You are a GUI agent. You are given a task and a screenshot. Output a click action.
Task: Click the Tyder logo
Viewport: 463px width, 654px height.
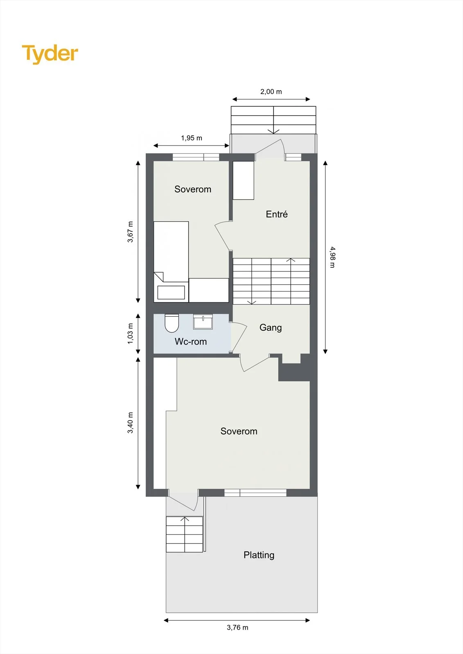click(x=50, y=54)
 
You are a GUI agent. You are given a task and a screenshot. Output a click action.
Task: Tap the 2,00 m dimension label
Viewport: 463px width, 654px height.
click(x=271, y=92)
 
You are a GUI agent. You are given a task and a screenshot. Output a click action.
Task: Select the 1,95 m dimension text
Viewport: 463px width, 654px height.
click(x=192, y=138)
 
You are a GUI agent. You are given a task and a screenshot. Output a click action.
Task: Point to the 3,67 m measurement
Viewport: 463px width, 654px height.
click(x=130, y=232)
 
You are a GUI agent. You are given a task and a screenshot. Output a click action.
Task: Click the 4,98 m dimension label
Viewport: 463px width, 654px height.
click(x=332, y=257)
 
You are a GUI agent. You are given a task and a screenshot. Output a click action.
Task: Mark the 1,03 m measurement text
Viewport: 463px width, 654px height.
click(x=130, y=334)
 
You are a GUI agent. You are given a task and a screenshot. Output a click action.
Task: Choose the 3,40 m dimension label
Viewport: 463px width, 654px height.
click(x=130, y=423)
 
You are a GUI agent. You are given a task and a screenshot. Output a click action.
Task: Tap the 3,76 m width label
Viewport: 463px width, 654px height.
click(x=237, y=627)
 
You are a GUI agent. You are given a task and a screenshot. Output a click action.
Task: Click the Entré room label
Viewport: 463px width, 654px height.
click(x=277, y=214)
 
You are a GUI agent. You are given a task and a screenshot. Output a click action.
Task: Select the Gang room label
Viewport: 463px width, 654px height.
click(x=271, y=327)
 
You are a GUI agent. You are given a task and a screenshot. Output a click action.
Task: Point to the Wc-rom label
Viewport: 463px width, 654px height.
click(x=191, y=341)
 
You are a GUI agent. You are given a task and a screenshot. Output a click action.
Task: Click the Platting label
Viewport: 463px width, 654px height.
click(x=259, y=555)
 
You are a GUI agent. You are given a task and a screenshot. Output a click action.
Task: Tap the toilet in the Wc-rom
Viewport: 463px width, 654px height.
click(x=172, y=323)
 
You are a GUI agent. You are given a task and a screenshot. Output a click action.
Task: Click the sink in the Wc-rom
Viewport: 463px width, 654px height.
click(x=203, y=322)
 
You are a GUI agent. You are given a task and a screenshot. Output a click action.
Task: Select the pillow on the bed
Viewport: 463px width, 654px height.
click(x=171, y=292)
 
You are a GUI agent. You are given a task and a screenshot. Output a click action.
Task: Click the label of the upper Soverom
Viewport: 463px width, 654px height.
click(x=193, y=189)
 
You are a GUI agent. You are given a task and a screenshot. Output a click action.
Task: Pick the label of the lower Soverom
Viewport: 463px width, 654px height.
click(x=239, y=431)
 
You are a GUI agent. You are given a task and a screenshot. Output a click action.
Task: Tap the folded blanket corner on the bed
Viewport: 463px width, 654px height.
click(x=159, y=277)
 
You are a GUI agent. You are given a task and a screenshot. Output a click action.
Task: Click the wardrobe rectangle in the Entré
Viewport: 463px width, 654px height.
click(x=243, y=180)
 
